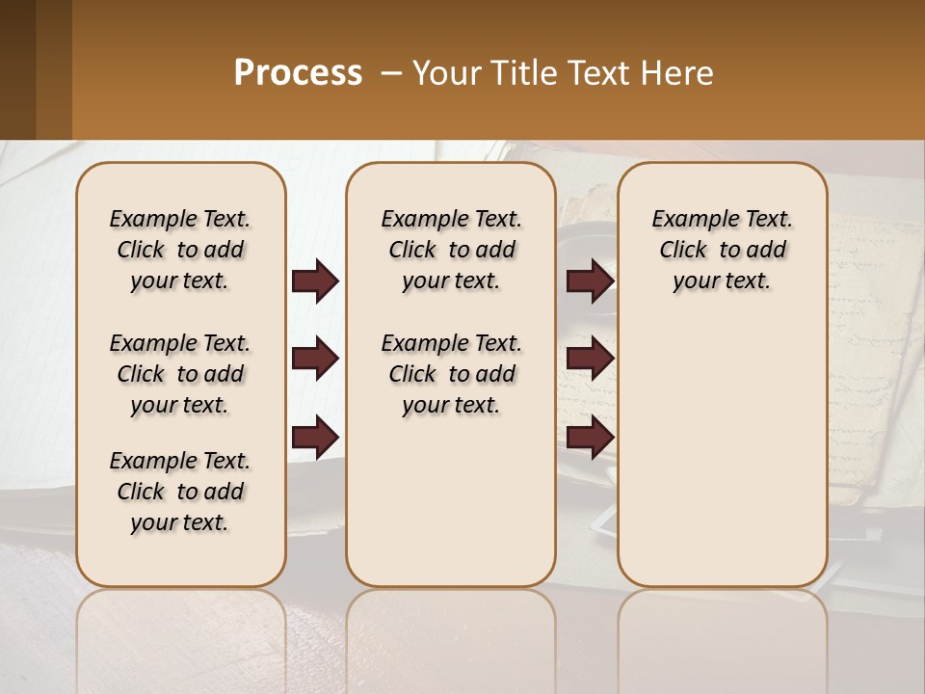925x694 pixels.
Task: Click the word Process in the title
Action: [x=298, y=73]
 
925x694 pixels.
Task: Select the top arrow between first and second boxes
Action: [x=315, y=281]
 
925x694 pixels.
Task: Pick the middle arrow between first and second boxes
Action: [x=315, y=359]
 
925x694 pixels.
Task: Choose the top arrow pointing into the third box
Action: [x=590, y=281]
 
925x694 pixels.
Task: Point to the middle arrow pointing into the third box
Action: [x=590, y=359]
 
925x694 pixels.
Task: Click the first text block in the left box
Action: [x=180, y=250]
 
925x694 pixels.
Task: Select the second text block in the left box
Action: [x=180, y=374]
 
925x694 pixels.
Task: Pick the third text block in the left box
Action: [x=180, y=492]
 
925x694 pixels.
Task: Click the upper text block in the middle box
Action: [x=451, y=250]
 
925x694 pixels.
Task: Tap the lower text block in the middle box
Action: [x=451, y=374]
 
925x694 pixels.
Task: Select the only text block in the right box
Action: [x=722, y=250]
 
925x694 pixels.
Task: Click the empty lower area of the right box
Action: [x=722, y=463]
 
